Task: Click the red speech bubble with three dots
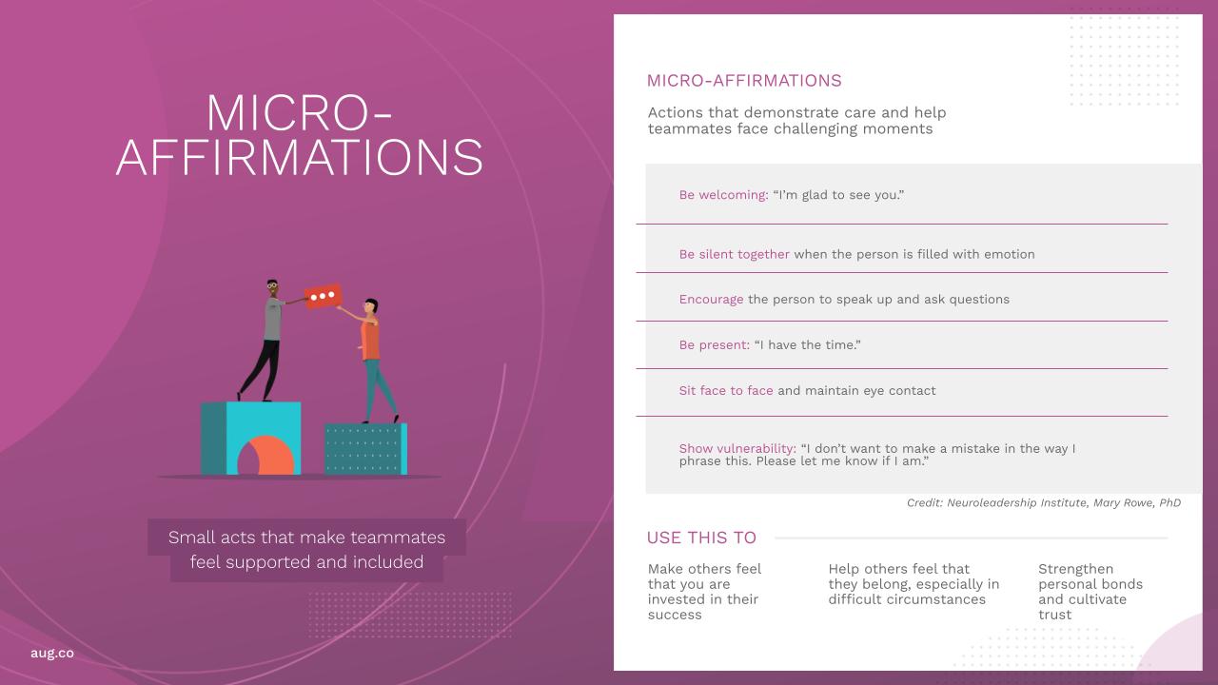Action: pyautogui.click(x=323, y=296)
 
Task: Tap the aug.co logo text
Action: pyautogui.click(x=52, y=653)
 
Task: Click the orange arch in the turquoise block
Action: pyautogui.click(x=266, y=456)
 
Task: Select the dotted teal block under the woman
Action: pyautogui.click(x=366, y=449)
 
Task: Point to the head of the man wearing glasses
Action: pyautogui.click(x=272, y=286)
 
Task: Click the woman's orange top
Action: pyautogui.click(x=370, y=341)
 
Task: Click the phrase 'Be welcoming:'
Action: pyautogui.click(x=724, y=195)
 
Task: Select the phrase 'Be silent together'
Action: pyautogui.click(x=734, y=254)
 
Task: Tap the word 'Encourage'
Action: pyautogui.click(x=711, y=300)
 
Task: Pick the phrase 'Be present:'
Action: pyautogui.click(x=715, y=345)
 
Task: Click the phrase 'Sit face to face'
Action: pyautogui.click(x=726, y=390)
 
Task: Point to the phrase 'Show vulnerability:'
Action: pyautogui.click(x=737, y=448)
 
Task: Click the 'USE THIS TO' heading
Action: pyautogui.click(x=701, y=538)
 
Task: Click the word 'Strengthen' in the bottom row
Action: pyautogui.click(x=1075, y=569)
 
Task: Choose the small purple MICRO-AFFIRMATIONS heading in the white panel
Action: pyautogui.click(x=744, y=81)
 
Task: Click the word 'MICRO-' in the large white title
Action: pyautogui.click(x=299, y=113)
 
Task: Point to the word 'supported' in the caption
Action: pyautogui.click(x=268, y=562)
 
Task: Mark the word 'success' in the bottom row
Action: pyautogui.click(x=675, y=615)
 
